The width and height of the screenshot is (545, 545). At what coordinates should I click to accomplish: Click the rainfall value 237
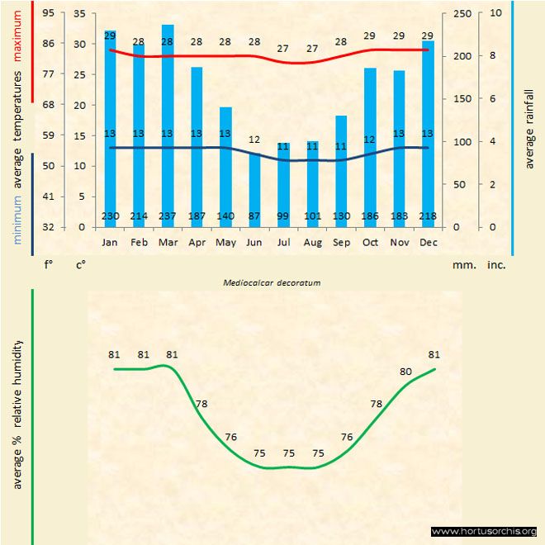click(168, 216)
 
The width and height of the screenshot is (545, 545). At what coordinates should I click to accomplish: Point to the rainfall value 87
click(254, 216)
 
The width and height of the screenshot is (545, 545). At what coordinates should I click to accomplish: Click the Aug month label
click(312, 243)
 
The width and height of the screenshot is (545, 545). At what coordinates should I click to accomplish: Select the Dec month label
click(428, 243)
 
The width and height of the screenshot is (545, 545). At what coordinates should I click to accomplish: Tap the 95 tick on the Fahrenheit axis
click(49, 14)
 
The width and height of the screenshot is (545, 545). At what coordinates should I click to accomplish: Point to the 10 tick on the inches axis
click(494, 14)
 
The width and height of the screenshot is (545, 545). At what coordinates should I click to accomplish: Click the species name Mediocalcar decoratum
click(272, 282)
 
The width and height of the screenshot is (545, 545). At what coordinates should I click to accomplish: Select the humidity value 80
click(405, 372)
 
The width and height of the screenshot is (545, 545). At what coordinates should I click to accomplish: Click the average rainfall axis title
click(529, 128)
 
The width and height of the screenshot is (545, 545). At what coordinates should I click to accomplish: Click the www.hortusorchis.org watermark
click(484, 531)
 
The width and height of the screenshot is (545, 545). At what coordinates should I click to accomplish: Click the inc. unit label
click(496, 265)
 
